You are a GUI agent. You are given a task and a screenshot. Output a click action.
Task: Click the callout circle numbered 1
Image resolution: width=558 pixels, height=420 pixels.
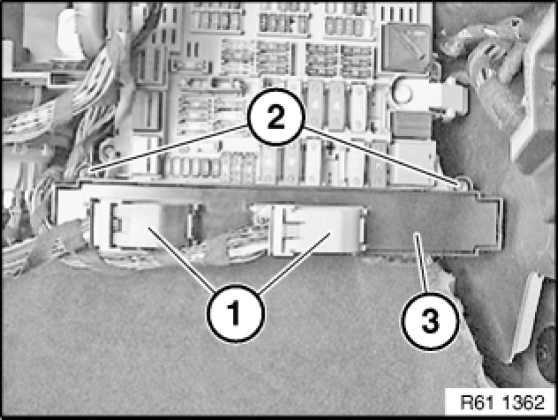(x=235, y=313)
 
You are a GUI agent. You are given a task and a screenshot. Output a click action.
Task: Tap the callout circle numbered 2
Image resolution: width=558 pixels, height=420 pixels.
(x=276, y=117)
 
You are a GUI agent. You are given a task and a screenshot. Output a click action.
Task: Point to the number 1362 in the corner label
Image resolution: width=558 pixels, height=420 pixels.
(x=524, y=402)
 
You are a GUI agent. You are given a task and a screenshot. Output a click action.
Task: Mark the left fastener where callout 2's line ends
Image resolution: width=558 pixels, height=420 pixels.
(x=93, y=171)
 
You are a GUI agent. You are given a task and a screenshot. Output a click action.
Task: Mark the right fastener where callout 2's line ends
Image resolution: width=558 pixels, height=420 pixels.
(x=462, y=183)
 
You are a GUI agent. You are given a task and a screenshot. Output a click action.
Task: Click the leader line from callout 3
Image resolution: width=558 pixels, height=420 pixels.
(x=422, y=263)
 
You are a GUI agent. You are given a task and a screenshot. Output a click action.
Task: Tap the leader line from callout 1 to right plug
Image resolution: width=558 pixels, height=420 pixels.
(x=295, y=263)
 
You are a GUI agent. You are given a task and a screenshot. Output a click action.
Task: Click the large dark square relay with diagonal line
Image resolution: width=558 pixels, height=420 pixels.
(x=406, y=48)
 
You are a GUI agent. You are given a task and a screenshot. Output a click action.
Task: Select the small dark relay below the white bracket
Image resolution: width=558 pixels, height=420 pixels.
(x=412, y=125)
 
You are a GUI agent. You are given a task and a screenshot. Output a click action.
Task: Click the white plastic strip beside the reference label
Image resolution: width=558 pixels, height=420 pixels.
(x=524, y=317)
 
